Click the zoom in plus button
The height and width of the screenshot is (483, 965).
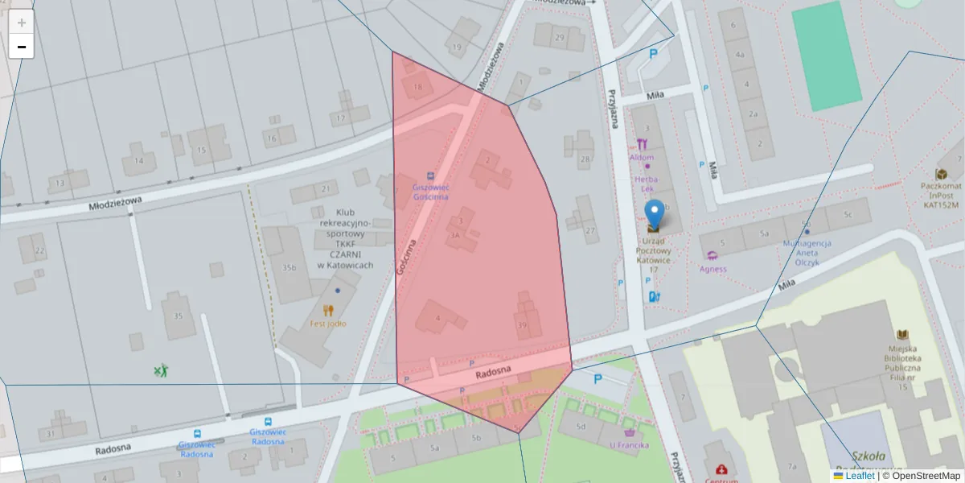[22, 23]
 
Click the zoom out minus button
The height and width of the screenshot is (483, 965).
[22, 47]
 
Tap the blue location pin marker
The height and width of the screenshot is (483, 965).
[655, 213]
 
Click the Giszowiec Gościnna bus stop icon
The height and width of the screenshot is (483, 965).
[430, 175]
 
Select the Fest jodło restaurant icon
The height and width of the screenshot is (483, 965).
[328, 310]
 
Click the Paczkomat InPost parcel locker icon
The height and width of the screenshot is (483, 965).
[941, 174]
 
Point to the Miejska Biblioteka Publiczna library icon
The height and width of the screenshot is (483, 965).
[902, 334]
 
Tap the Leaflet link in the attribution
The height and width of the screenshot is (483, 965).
[859, 476]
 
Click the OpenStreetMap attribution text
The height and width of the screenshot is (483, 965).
[921, 476]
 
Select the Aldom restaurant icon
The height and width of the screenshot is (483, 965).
[642, 144]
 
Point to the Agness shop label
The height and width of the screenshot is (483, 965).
[713, 269]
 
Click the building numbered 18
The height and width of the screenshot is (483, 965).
[417, 87]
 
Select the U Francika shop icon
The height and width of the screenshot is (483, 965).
[629, 431]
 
